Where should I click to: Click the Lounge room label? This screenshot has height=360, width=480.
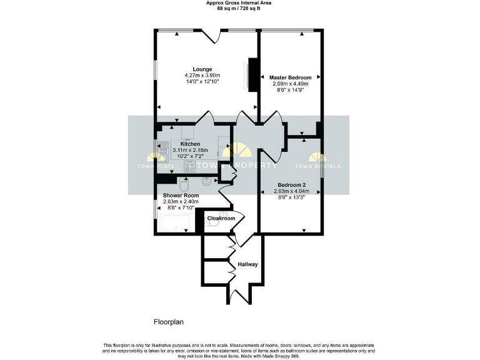tap(202, 69)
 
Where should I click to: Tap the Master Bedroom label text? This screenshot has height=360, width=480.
tap(291, 77)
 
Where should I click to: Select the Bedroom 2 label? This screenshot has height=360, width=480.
tap(291, 185)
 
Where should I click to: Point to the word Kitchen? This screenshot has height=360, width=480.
tap(190, 144)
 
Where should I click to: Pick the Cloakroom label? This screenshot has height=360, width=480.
tap(221, 219)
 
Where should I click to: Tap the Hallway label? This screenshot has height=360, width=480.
tap(247, 264)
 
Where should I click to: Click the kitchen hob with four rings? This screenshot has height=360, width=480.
tap(190, 166)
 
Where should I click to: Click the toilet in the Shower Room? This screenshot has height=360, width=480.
tap(184, 184)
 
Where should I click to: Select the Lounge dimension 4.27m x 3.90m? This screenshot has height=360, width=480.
tap(202, 76)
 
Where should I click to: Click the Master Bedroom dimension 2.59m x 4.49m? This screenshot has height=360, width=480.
tap(291, 84)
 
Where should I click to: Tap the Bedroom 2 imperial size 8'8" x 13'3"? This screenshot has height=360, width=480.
tap(291, 197)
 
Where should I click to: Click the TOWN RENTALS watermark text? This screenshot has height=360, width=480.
tap(317, 166)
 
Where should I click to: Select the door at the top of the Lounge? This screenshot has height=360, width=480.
tap(211, 34)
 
